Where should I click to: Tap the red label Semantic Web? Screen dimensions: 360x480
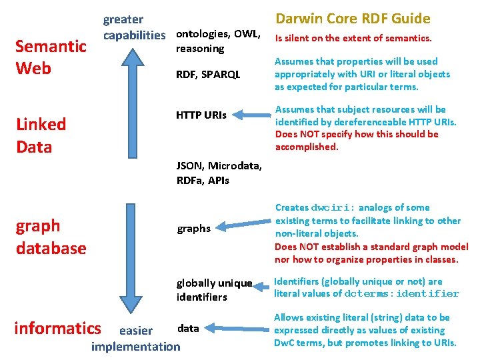tap(51, 57)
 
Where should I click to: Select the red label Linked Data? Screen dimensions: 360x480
tap(41, 135)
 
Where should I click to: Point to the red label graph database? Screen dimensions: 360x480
tap(51, 237)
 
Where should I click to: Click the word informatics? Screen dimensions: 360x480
tap(57, 328)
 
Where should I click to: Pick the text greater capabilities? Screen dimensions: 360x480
tap(133, 27)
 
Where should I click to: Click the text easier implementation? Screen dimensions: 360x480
tap(136, 339)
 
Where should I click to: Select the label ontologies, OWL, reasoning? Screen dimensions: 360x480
tap(217, 41)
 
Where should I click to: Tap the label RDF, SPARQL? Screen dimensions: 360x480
tap(209, 75)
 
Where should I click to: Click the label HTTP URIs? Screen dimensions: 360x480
tap(201, 115)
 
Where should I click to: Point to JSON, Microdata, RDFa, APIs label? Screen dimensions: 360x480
tap(219, 173)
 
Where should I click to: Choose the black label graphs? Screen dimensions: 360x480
tap(193, 229)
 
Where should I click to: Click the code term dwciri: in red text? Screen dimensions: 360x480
tap(333, 207)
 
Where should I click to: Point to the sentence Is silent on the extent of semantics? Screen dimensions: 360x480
tap(353, 39)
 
